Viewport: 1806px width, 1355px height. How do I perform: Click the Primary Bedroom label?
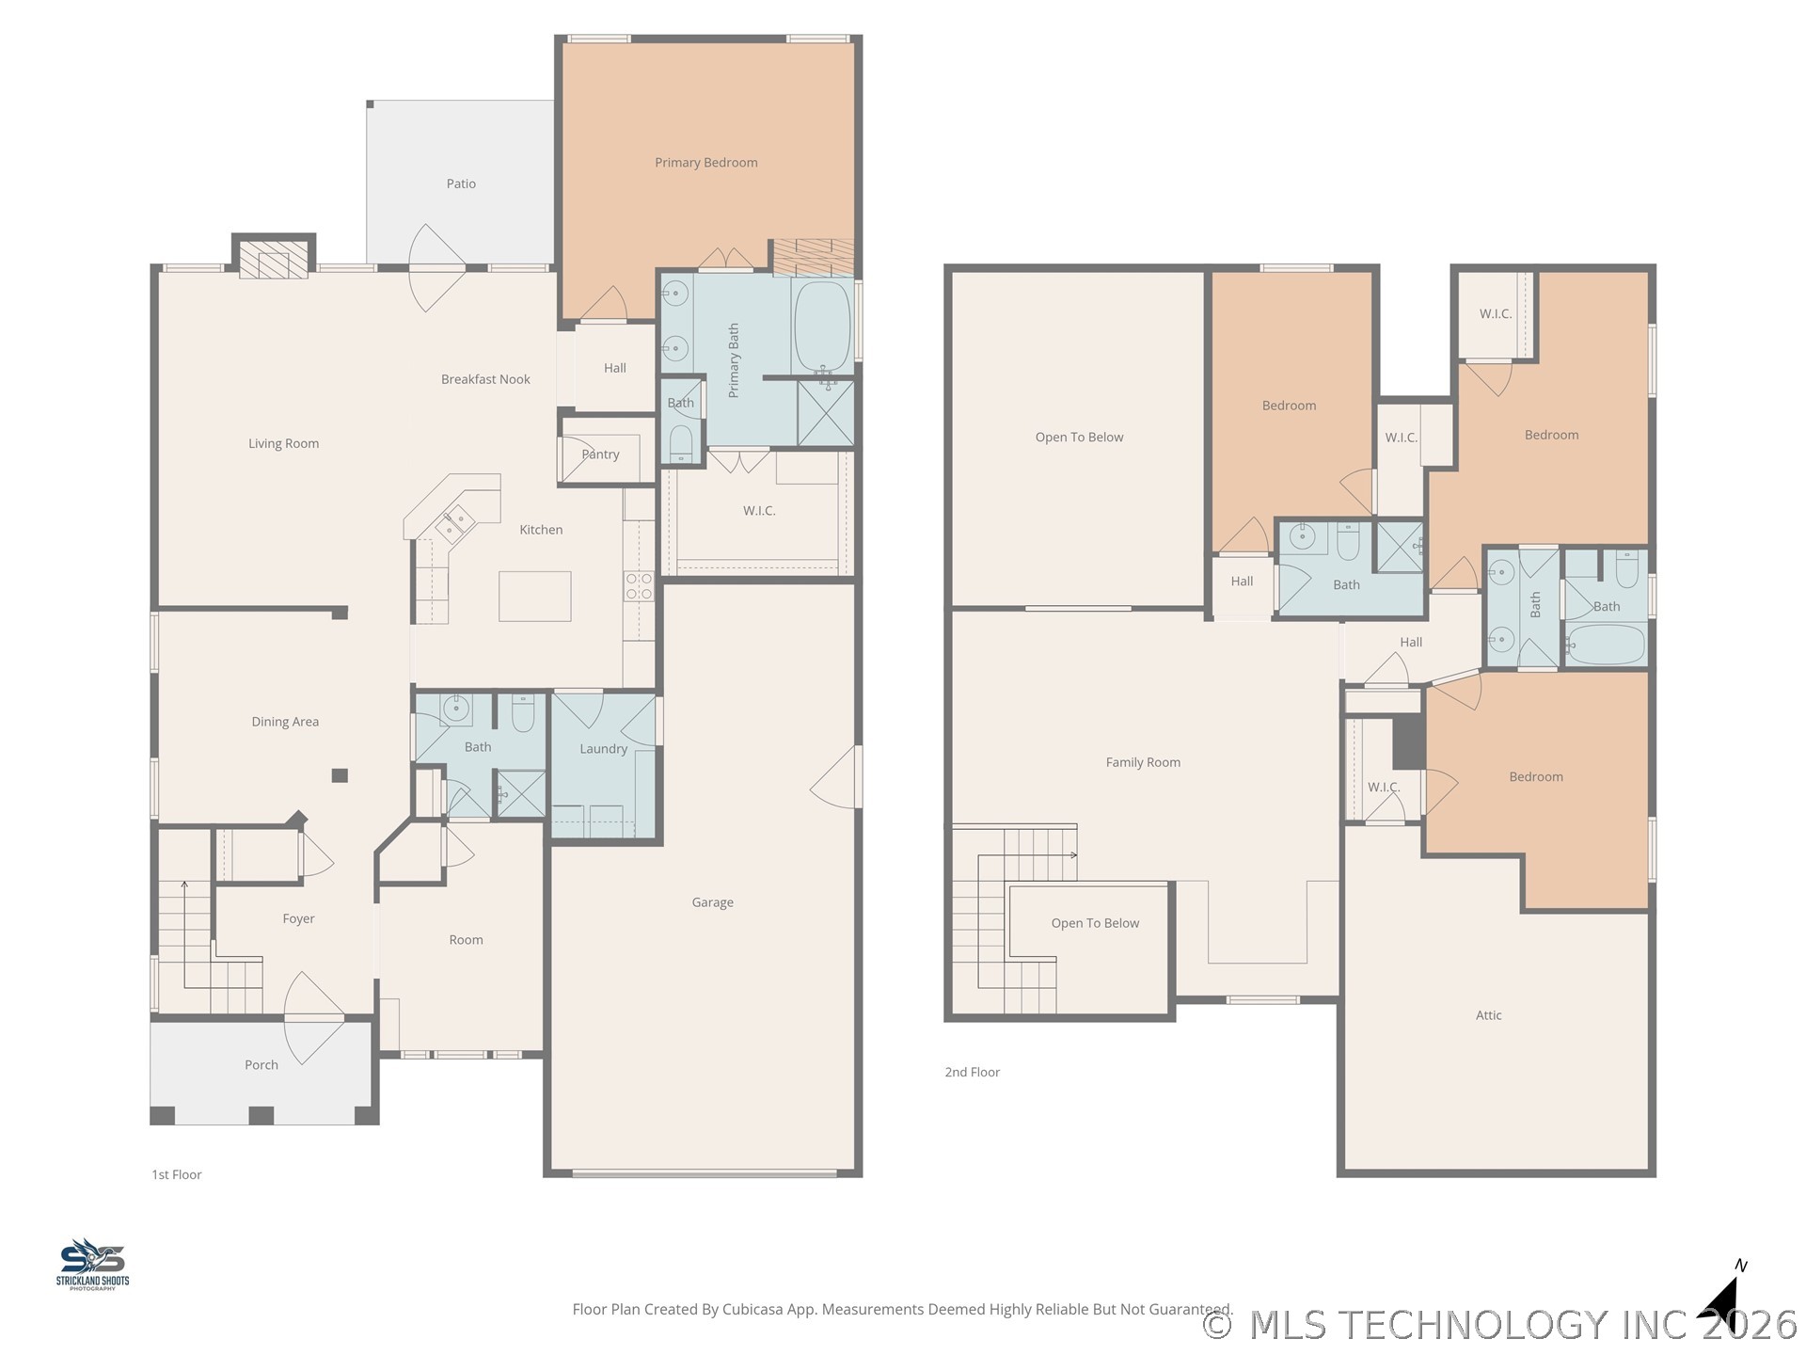[705, 163]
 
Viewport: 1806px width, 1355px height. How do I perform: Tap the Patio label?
[461, 183]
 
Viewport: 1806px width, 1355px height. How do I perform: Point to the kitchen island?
[534, 597]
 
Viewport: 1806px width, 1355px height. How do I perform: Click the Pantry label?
[600, 454]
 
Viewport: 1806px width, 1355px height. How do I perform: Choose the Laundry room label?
[603, 749]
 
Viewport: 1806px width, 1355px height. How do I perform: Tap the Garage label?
[712, 902]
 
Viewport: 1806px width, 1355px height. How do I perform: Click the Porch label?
[261, 1065]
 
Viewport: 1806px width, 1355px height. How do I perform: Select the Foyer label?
[298, 919]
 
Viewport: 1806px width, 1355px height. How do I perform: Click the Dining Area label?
[285, 722]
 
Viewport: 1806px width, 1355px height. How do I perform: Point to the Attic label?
[1488, 1015]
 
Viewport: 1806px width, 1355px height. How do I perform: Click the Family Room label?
[1143, 762]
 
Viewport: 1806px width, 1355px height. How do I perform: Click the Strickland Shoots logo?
[92, 1264]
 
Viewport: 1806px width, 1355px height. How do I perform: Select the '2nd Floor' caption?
[973, 1072]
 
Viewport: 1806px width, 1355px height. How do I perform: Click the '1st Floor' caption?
[177, 1174]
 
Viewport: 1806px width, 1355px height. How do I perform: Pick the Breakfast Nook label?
[485, 379]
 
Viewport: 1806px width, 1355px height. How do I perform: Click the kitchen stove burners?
[639, 586]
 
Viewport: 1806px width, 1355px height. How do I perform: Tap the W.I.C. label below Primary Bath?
[759, 511]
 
